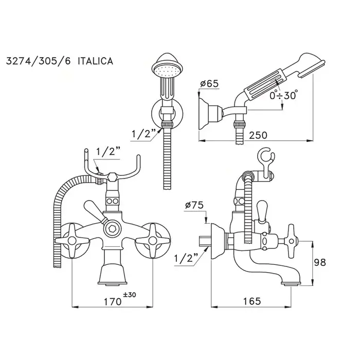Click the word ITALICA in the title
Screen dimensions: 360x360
95,61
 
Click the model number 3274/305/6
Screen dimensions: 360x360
38,61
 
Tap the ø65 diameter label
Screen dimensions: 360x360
209,83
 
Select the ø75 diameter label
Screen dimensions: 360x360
194,205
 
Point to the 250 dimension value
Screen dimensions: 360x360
258,135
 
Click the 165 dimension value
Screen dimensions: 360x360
251,301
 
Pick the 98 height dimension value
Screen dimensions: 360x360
320,262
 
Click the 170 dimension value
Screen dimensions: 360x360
113,302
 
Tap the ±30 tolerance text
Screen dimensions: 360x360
129,295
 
